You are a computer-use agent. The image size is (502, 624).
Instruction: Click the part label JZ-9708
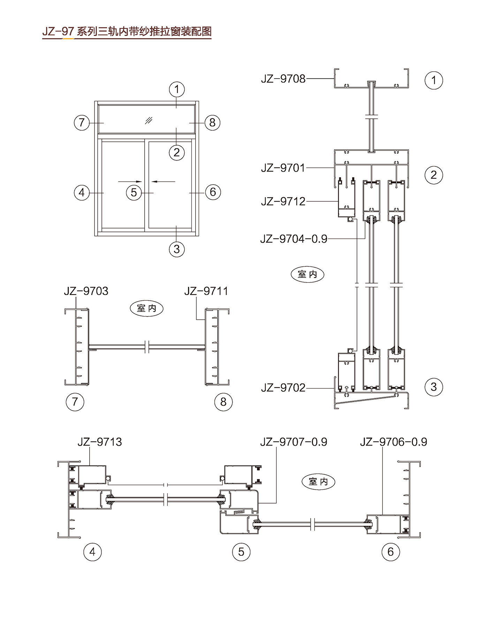(283, 79)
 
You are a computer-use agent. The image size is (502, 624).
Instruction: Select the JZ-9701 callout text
(283, 168)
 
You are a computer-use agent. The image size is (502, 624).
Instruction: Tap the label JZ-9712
(283, 201)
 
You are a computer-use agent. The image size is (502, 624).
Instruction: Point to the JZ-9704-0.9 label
(294, 239)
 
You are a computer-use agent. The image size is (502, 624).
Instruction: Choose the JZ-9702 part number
(283, 388)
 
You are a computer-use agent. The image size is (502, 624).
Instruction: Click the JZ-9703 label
(86, 291)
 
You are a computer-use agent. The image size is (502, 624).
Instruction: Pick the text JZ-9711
(206, 291)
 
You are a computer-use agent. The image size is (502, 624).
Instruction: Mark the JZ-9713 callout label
(100, 442)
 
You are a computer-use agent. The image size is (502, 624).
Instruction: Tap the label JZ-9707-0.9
(294, 442)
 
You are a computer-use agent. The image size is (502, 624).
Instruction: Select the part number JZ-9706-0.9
(393, 442)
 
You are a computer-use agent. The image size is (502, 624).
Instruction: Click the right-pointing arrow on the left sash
(130, 181)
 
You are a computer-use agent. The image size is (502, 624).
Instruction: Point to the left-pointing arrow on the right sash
(163, 181)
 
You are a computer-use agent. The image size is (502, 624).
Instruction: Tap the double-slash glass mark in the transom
(149, 120)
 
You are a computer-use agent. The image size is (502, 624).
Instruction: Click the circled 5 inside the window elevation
(134, 192)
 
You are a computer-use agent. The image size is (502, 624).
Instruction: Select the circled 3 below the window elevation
(177, 249)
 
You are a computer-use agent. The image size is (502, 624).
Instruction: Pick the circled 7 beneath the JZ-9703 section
(75, 402)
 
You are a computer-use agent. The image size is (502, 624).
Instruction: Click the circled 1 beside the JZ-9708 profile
(434, 80)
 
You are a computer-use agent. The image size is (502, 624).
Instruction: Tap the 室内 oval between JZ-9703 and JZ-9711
(146, 308)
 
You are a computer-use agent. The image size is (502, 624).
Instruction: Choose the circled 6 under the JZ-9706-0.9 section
(390, 552)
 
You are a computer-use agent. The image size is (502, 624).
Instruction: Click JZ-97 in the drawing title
(58, 32)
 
